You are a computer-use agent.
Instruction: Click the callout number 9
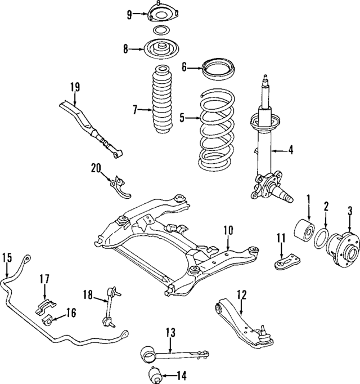[129, 14]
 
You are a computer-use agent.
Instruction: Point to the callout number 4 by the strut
[291, 150]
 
